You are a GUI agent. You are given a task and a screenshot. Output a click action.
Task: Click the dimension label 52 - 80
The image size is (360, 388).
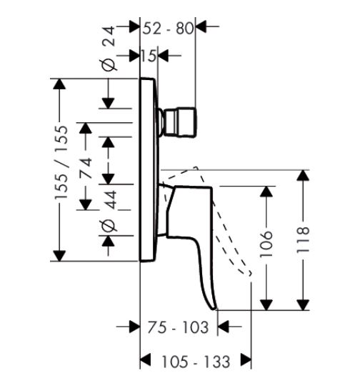[x=169, y=28]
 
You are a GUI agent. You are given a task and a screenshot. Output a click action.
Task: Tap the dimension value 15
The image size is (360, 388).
[x=149, y=56]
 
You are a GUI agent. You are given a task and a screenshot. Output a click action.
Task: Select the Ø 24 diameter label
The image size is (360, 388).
[x=109, y=49]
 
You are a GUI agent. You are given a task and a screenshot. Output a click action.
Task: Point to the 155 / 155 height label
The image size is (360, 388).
[x=61, y=162]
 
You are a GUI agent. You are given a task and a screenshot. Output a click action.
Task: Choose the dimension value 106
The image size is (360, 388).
[x=266, y=244]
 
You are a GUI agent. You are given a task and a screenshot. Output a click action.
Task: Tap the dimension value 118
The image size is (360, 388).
[x=303, y=239]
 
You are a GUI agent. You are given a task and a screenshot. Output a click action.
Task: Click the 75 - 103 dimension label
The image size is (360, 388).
[x=178, y=327]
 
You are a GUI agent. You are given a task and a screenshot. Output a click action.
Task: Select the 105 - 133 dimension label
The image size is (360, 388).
[x=196, y=362]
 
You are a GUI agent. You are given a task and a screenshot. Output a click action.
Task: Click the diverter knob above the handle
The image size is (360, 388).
[x=179, y=122]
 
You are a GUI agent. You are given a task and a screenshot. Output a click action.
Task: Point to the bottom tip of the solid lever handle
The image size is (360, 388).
[x=214, y=309]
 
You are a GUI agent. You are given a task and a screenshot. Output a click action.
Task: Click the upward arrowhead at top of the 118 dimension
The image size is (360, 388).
[x=303, y=175]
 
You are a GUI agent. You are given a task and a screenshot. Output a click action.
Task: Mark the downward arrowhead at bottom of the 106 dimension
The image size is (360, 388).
[x=266, y=305]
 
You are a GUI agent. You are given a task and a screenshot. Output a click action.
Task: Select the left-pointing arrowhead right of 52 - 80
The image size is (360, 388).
[x=201, y=26]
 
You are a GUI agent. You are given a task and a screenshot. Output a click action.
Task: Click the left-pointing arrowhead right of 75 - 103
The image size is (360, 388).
[x=223, y=327]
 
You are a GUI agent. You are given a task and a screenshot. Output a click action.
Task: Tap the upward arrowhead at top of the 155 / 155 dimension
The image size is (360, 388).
[x=59, y=84]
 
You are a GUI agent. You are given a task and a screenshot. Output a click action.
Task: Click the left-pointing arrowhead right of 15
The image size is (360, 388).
[x=164, y=56]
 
